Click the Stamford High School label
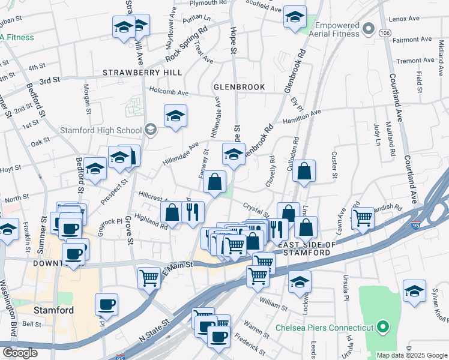pos(100,130)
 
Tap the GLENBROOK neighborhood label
pos(240,87)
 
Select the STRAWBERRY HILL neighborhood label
pos(142,72)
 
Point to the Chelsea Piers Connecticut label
pos(325,328)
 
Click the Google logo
pos(20,353)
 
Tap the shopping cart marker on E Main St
pos(149,277)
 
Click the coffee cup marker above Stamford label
pos(107,305)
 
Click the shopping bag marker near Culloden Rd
pos(305,171)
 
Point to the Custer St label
pos(335,160)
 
